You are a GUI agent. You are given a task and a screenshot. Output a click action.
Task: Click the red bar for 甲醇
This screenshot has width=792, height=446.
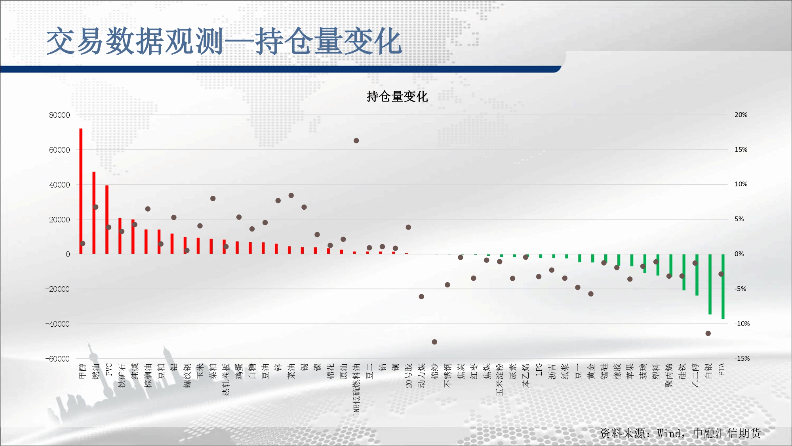click(x=81, y=191)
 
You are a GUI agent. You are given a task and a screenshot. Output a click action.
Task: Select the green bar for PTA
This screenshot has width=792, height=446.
click(x=723, y=287)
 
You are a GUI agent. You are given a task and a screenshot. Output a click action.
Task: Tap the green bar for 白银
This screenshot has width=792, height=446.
click(x=710, y=284)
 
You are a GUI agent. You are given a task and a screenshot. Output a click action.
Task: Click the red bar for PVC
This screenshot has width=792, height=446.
click(x=107, y=220)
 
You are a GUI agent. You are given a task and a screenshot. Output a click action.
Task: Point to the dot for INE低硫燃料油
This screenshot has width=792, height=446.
click(x=356, y=141)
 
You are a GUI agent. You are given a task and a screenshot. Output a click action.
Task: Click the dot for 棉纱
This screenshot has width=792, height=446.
click(x=434, y=342)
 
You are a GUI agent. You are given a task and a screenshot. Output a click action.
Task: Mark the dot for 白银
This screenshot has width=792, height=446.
click(x=708, y=333)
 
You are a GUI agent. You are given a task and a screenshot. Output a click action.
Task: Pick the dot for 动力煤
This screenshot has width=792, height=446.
click(x=421, y=297)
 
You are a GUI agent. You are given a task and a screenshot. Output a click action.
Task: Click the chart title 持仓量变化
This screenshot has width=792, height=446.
click(x=397, y=96)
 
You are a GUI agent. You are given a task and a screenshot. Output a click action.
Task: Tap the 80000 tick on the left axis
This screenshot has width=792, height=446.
click(x=59, y=115)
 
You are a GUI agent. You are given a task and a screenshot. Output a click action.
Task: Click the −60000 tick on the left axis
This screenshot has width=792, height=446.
click(x=57, y=359)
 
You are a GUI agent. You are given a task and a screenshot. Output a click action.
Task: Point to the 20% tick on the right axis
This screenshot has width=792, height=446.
click(x=741, y=115)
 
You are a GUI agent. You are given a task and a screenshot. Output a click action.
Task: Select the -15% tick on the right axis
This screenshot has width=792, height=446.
click(x=742, y=358)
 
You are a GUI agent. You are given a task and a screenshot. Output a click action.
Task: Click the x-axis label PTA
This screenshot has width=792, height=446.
click(x=722, y=369)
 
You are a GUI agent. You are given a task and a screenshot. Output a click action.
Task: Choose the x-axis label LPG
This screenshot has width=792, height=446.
click(x=539, y=369)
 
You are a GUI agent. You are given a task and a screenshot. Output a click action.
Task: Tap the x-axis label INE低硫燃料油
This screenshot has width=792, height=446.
click(x=356, y=390)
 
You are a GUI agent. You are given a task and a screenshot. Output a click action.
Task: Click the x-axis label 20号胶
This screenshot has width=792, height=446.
click(x=409, y=375)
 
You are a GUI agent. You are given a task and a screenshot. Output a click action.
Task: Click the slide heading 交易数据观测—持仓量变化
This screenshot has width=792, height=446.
click(x=224, y=41)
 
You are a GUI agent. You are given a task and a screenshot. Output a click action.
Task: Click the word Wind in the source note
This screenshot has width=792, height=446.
click(x=669, y=433)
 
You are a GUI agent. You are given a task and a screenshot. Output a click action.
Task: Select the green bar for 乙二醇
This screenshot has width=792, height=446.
click(x=697, y=275)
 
